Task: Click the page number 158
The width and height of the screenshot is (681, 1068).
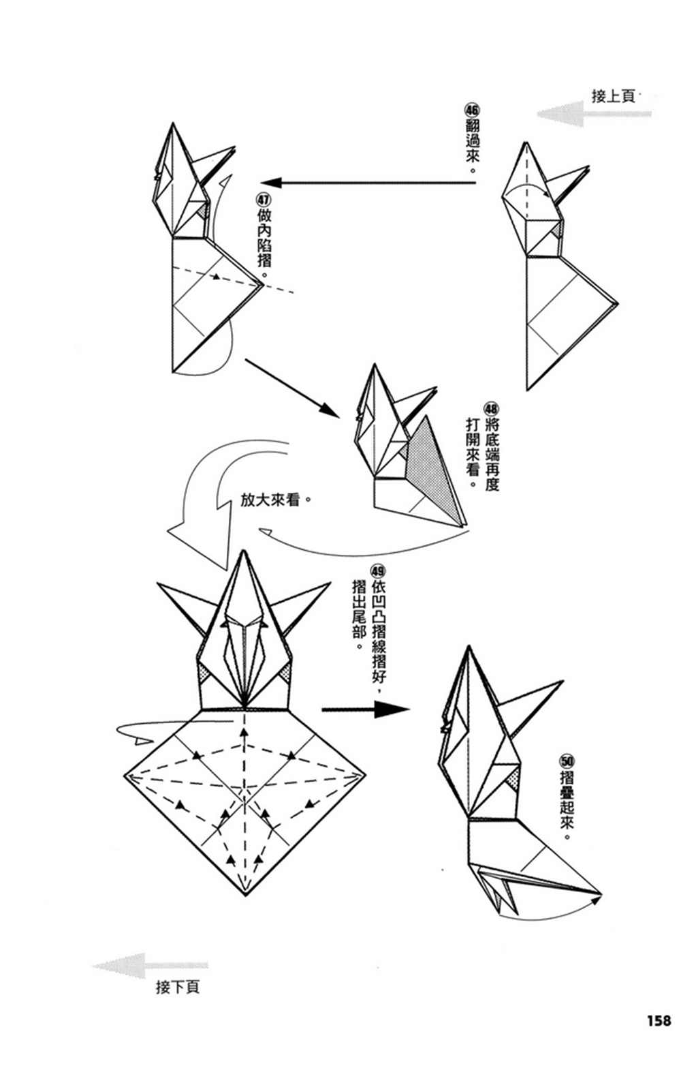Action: pos(659,1020)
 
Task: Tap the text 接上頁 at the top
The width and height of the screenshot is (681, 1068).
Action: pos(613,96)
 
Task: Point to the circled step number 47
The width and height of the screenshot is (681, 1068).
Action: pos(264,199)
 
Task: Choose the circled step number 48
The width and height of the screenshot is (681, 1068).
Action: pos(491,409)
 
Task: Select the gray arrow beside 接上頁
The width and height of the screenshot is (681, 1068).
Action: pos(594,114)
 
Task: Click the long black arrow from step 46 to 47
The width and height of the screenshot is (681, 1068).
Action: pos(368,182)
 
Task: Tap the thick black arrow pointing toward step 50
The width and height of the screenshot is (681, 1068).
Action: pos(366,710)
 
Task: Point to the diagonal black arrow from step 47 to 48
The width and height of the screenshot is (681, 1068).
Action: pos(293,388)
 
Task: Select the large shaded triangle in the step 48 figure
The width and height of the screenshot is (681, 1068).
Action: pos(434,470)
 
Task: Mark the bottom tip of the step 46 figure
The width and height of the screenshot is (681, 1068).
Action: pos(527,391)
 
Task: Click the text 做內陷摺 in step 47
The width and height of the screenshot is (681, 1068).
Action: pos(264,238)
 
